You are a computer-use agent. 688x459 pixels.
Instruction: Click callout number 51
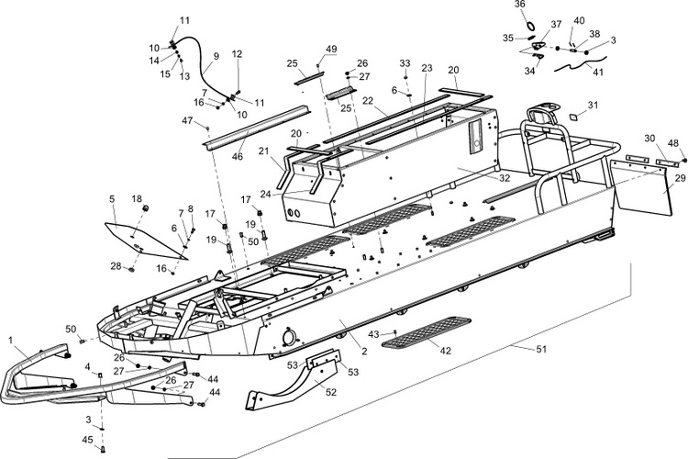point(541,349)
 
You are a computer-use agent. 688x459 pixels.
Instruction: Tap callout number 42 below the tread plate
point(445,351)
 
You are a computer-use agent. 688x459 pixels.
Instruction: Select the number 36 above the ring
point(519,5)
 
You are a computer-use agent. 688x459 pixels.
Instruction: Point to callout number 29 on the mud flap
point(680,178)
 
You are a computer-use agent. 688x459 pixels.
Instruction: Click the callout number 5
point(112,199)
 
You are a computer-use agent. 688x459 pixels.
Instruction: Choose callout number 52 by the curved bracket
point(330,392)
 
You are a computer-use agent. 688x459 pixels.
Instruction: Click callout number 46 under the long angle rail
point(238,156)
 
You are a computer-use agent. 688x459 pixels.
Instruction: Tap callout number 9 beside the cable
point(216,56)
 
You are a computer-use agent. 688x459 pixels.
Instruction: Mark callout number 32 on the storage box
point(505,178)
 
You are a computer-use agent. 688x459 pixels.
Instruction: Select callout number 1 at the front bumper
point(10,340)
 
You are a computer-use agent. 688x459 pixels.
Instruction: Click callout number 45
point(88,440)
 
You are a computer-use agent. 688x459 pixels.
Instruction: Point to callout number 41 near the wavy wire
point(598,72)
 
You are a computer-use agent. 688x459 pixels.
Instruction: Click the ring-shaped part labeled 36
point(530,25)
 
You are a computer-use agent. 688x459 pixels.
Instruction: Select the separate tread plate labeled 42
point(426,331)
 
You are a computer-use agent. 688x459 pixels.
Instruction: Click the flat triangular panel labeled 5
point(145,240)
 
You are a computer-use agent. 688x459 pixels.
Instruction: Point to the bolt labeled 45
point(104,449)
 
